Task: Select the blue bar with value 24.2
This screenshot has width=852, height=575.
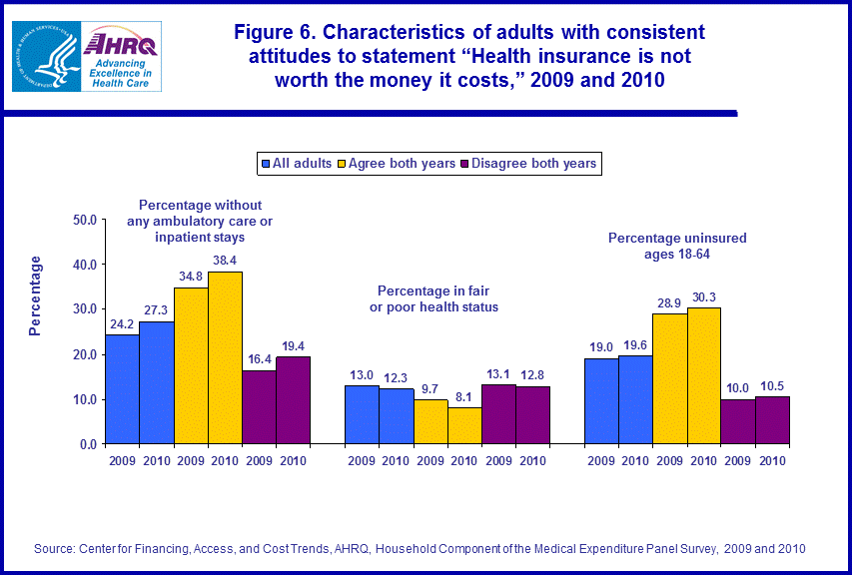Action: click(x=122, y=389)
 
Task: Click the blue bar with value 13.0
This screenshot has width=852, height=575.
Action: click(x=362, y=414)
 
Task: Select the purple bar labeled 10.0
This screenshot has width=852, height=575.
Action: click(x=738, y=421)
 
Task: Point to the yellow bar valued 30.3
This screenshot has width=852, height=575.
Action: click(x=704, y=375)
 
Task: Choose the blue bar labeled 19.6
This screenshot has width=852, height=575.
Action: click(x=635, y=399)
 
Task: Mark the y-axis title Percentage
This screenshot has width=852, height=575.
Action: click(x=36, y=295)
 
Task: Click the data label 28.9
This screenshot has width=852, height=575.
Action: click(x=669, y=301)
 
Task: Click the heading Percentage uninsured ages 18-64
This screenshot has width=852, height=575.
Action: click(x=677, y=246)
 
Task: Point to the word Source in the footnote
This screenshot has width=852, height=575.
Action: click(x=56, y=548)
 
